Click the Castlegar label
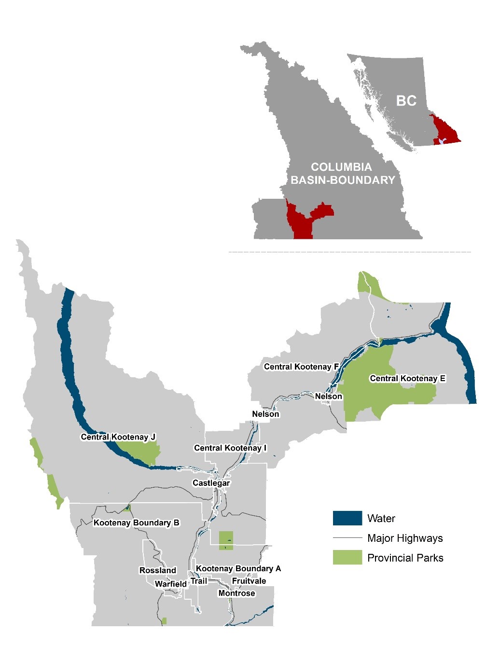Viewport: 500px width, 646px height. click(211, 483)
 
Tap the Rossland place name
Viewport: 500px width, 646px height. click(158, 570)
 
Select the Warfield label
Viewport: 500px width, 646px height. click(170, 584)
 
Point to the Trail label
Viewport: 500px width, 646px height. click(198, 581)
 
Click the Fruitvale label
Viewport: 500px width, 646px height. click(249, 581)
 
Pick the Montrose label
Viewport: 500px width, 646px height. click(236, 593)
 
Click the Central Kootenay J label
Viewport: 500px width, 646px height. click(118, 437)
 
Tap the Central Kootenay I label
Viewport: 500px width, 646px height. click(230, 448)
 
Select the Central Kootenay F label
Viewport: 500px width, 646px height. click(301, 367)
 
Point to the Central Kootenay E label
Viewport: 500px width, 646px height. click(407, 378)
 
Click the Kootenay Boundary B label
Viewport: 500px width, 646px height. click(136, 522)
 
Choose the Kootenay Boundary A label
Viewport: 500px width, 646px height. click(238, 568)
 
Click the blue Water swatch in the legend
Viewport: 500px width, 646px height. click(347, 518)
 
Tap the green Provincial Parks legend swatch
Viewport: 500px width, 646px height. click(347, 558)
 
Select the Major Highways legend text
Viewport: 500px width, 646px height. click(404, 538)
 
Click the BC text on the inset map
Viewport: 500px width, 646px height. click(406, 100)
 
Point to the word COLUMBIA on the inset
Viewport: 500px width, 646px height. click(341, 167)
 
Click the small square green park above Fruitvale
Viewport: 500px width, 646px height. click(226, 540)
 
